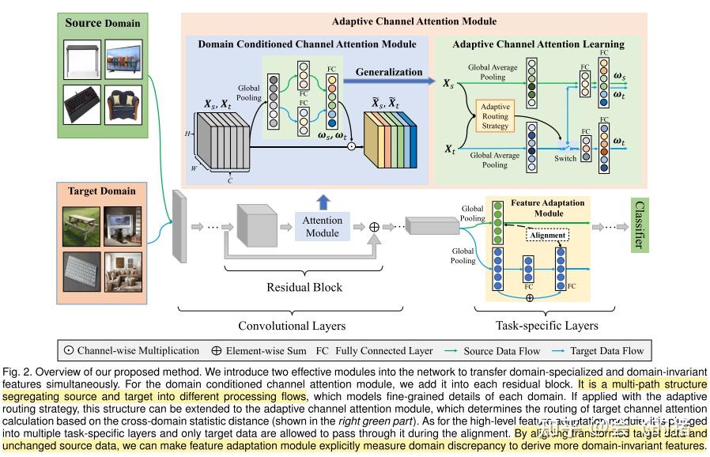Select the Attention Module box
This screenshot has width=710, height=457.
point(323,226)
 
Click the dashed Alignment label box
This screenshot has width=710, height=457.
point(548,235)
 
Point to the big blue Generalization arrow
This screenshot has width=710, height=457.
point(391,80)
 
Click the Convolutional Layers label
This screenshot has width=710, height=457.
point(292,325)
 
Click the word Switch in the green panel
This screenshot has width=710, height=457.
point(565,158)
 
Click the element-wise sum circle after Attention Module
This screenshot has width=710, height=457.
point(375,226)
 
